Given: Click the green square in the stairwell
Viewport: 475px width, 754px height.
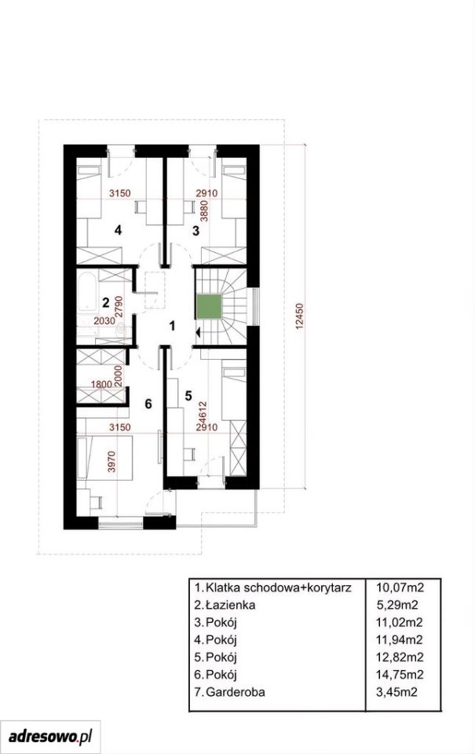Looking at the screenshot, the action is click(x=209, y=307).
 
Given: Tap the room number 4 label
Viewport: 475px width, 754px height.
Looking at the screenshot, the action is click(x=118, y=230).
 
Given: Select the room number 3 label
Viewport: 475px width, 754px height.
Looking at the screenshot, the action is click(x=195, y=231).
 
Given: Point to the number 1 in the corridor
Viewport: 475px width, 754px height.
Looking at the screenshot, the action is click(x=172, y=326).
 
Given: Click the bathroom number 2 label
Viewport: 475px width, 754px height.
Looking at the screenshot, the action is click(x=105, y=303).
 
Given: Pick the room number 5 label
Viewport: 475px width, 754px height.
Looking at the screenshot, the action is click(x=188, y=395).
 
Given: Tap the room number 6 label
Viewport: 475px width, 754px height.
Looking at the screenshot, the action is click(x=148, y=404).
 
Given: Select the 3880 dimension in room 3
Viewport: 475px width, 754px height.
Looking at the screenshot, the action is click(x=205, y=210).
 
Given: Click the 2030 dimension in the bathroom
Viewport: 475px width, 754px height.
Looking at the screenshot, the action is click(x=104, y=320).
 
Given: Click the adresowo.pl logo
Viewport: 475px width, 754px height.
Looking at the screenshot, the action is click(x=50, y=736).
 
